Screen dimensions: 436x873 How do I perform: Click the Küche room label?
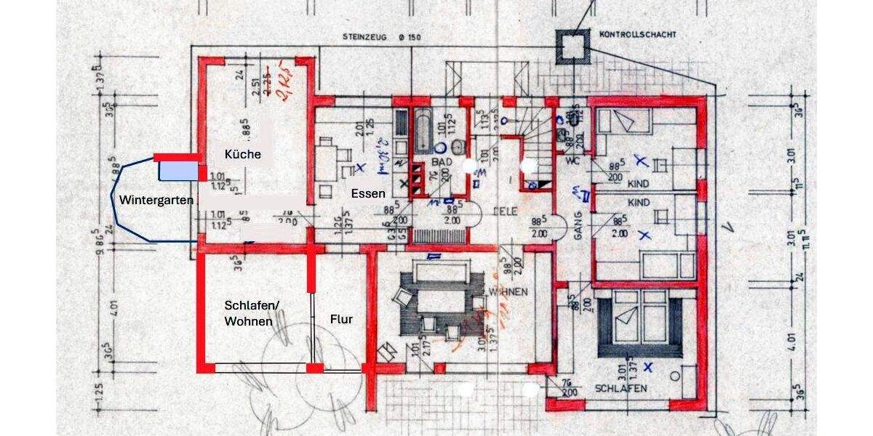[x=242, y=155]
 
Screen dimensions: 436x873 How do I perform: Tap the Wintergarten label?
[x=156, y=200]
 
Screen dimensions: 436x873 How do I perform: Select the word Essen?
[x=367, y=194]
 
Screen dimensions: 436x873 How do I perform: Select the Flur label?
[x=341, y=319]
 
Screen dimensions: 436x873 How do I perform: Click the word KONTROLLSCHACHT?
[x=638, y=34]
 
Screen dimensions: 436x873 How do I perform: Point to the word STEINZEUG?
[x=369, y=36]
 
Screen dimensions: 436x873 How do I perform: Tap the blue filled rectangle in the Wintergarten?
[x=179, y=171]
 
